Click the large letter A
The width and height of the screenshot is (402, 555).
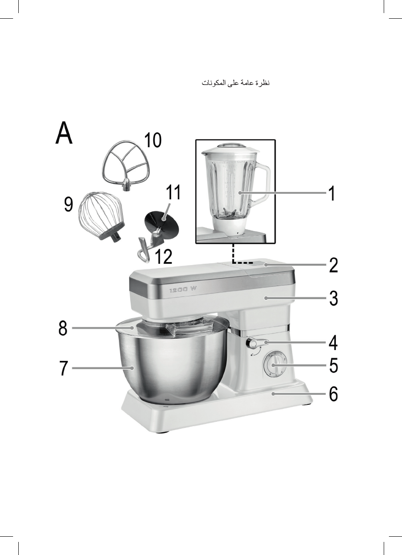[x=64, y=133]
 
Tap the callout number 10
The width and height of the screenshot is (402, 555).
[x=153, y=140]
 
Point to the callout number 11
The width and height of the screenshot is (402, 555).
[x=173, y=192]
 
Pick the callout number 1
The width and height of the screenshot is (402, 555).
[x=332, y=194]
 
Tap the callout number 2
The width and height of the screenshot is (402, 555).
[x=334, y=265]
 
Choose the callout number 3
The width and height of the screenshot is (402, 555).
[x=334, y=298]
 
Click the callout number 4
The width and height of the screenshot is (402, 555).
[x=333, y=343]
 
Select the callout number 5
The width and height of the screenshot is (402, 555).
[x=334, y=365]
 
